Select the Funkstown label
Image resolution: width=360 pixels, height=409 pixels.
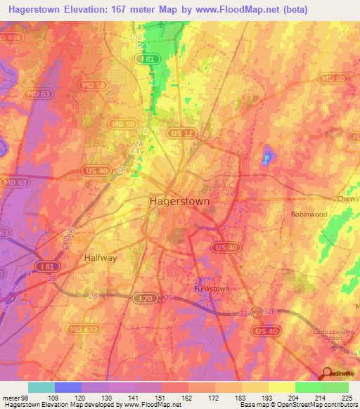[211, 289]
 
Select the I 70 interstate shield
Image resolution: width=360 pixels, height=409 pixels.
[143, 299]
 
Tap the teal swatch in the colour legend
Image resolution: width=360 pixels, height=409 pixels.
[41, 387]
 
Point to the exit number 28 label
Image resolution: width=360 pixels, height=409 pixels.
[94, 297]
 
